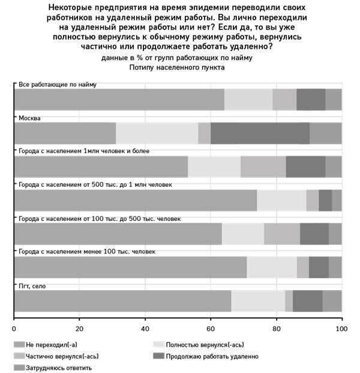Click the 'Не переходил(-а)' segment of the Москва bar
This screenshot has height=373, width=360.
tap(65, 133)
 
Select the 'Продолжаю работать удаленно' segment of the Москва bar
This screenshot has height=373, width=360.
tap(260, 133)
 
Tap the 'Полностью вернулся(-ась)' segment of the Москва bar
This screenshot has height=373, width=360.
tap(157, 133)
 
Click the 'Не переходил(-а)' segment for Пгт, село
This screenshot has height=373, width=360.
tap(122, 301)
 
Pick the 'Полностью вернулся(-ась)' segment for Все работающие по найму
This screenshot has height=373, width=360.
tap(248, 100)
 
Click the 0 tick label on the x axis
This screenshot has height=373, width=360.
tap(14, 329)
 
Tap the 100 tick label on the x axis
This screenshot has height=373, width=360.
tap(341, 329)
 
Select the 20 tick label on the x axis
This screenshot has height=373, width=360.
tap(79, 329)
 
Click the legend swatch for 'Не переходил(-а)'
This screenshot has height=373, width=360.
tap(19, 345)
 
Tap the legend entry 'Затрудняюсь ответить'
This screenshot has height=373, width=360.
tap(59, 368)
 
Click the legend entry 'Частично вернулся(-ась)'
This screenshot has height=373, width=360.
tap(62, 356)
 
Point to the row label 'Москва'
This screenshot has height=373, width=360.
tap(29, 118)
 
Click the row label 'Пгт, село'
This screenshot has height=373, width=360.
tap(32, 286)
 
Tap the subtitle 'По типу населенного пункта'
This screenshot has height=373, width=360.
tap(177, 68)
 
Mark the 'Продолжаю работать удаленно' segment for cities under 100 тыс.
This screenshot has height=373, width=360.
tap(319, 267)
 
